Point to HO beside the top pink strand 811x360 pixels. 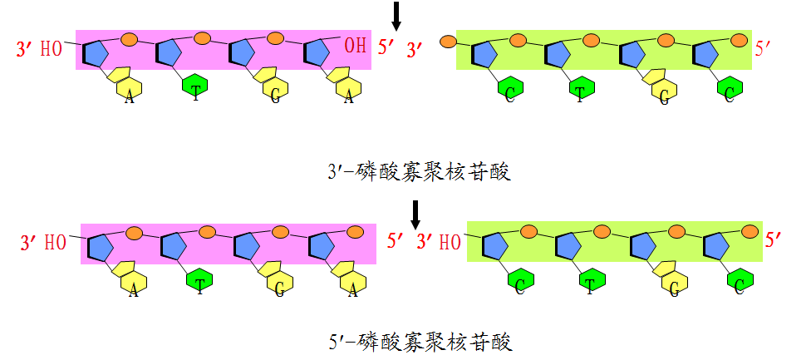(x=52, y=48)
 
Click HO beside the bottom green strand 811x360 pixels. (x=450, y=242)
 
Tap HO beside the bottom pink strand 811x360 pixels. (x=55, y=244)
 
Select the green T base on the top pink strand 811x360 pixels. (x=195, y=88)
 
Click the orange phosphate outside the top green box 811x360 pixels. (x=447, y=40)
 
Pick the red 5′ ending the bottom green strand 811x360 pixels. (x=774, y=241)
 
